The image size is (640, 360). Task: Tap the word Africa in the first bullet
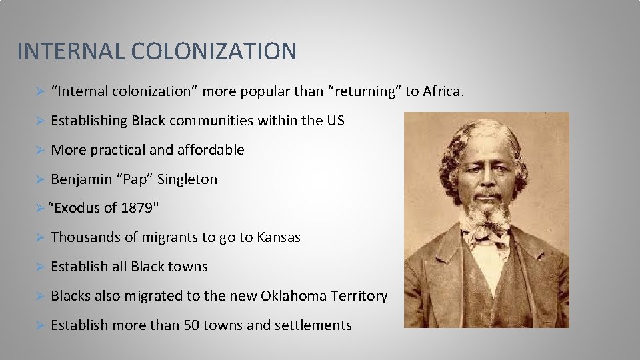click(441, 91)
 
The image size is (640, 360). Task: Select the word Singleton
click(187, 179)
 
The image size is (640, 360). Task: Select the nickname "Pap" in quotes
click(133, 179)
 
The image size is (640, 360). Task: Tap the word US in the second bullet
click(335, 121)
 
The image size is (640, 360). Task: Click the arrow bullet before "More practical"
click(39, 150)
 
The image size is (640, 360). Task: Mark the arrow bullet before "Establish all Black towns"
click(39, 267)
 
